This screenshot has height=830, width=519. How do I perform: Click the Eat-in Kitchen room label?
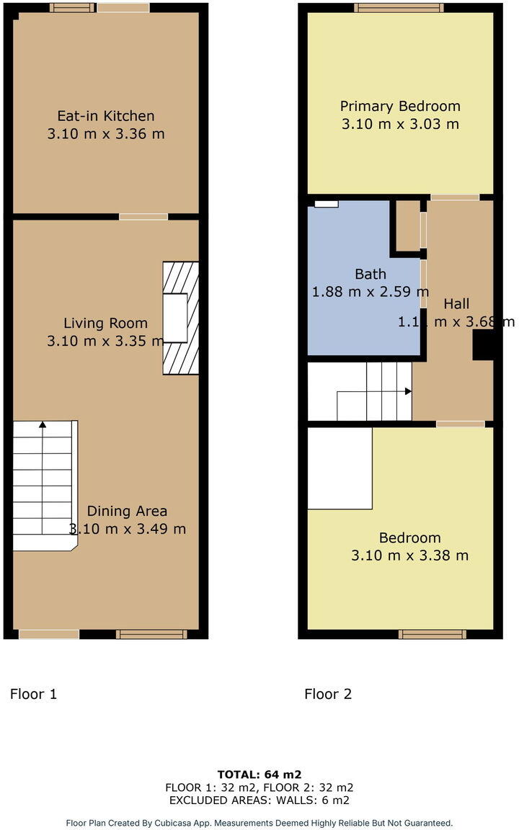pyautogui.click(x=106, y=115)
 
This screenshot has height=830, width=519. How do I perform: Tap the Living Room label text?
pyautogui.click(x=105, y=323)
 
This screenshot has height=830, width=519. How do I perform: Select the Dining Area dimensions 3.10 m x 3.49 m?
pyautogui.click(x=128, y=529)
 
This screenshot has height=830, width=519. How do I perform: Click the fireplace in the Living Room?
pyautogui.click(x=179, y=318)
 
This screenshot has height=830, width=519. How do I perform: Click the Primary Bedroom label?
pyautogui.click(x=400, y=106)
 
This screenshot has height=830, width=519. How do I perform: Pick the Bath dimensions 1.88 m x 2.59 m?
pyautogui.click(x=370, y=292)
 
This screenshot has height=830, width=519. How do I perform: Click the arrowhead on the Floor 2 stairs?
pyautogui.click(x=408, y=391)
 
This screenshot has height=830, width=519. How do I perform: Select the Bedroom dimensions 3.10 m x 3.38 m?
pyautogui.click(x=409, y=555)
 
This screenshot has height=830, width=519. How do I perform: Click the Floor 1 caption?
pyautogui.click(x=33, y=695)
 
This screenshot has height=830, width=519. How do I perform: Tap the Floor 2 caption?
pyautogui.click(x=328, y=695)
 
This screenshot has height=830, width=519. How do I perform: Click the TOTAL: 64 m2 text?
pyautogui.click(x=259, y=775)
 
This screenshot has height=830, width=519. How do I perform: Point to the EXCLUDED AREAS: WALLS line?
pyautogui.click(x=259, y=800)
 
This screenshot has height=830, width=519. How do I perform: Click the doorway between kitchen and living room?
pyautogui.click(x=143, y=216)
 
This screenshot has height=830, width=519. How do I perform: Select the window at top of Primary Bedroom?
pyautogui.click(x=399, y=8)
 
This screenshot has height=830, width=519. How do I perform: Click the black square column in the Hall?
pyautogui.click(x=482, y=349)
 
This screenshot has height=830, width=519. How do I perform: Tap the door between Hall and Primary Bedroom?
pyautogui.click(x=455, y=197)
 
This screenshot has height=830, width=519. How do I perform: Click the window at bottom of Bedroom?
pyautogui.click(x=432, y=634)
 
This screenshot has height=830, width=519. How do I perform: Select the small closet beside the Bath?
pyautogui.click(x=407, y=226)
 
